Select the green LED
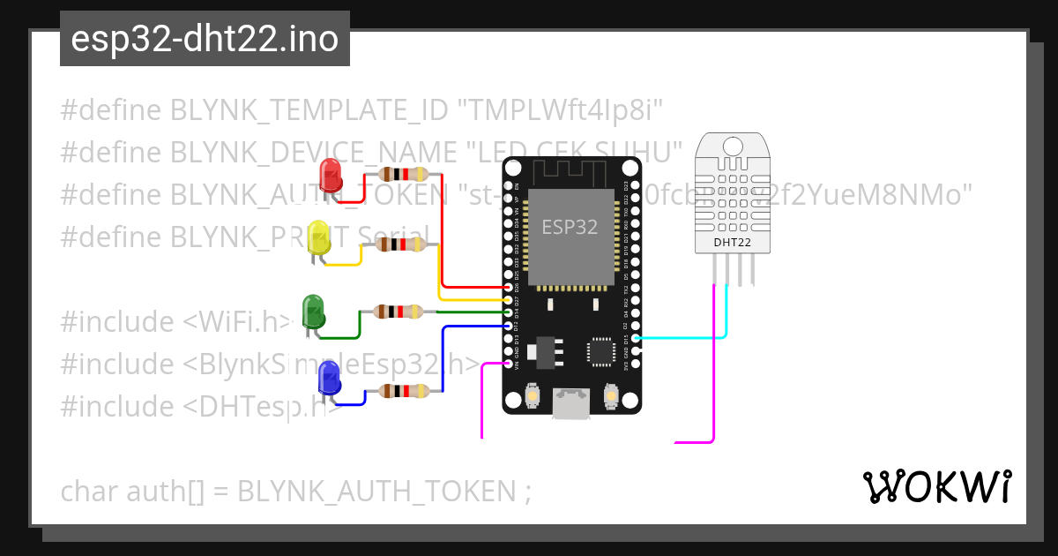(x=314, y=312)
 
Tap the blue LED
(x=330, y=379)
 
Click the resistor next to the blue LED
(x=405, y=391)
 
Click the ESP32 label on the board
(x=570, y=227)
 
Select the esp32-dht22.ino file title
(x=205, y=40)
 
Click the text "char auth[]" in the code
(x=132, y=490)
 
